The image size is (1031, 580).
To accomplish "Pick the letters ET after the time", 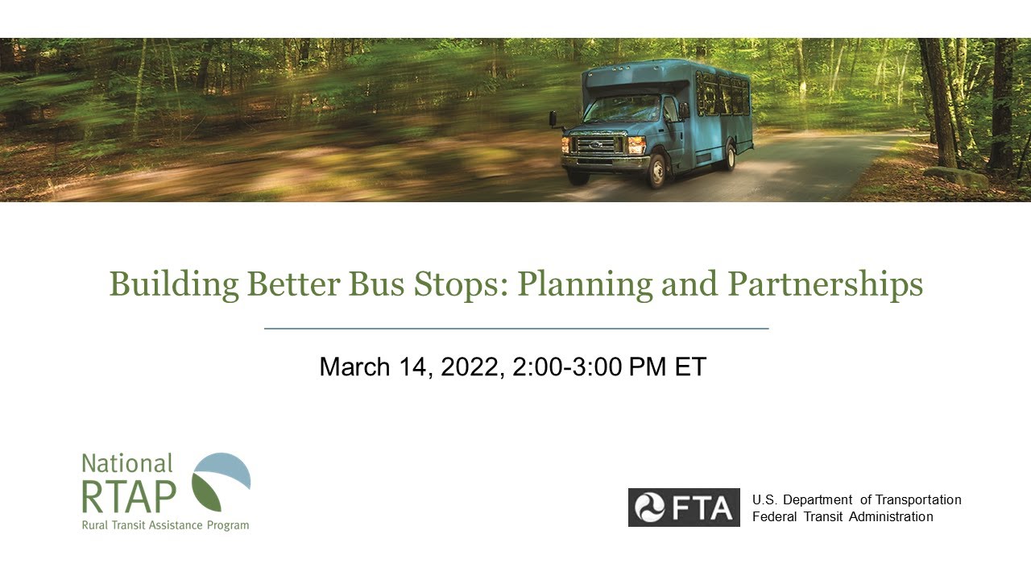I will click(x=690, y=367).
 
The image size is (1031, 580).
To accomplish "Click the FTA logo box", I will click(x=684, y=507).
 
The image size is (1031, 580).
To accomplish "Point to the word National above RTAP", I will click(x=127, y=463).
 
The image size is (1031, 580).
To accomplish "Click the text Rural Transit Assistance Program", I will click(x=165, y=525).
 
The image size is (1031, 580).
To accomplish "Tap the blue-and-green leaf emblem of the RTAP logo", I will click(x=220, y=481).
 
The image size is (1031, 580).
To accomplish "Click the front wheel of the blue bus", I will click(x=657, y=168).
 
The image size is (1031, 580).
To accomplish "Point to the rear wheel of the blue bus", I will click(x=729, y=157).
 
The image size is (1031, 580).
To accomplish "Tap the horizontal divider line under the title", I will click(x=516, y=329).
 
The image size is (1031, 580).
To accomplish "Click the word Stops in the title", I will click(x=466, y=285).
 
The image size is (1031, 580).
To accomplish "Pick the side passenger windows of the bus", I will click(x=723, y=93).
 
